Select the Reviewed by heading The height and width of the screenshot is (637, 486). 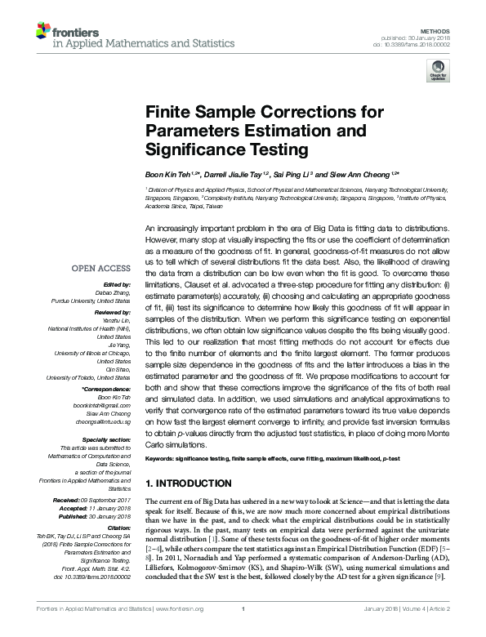pos(111,313)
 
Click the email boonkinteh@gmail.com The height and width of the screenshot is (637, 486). pos(101,406)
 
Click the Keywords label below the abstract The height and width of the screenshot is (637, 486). pos(161,461)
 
